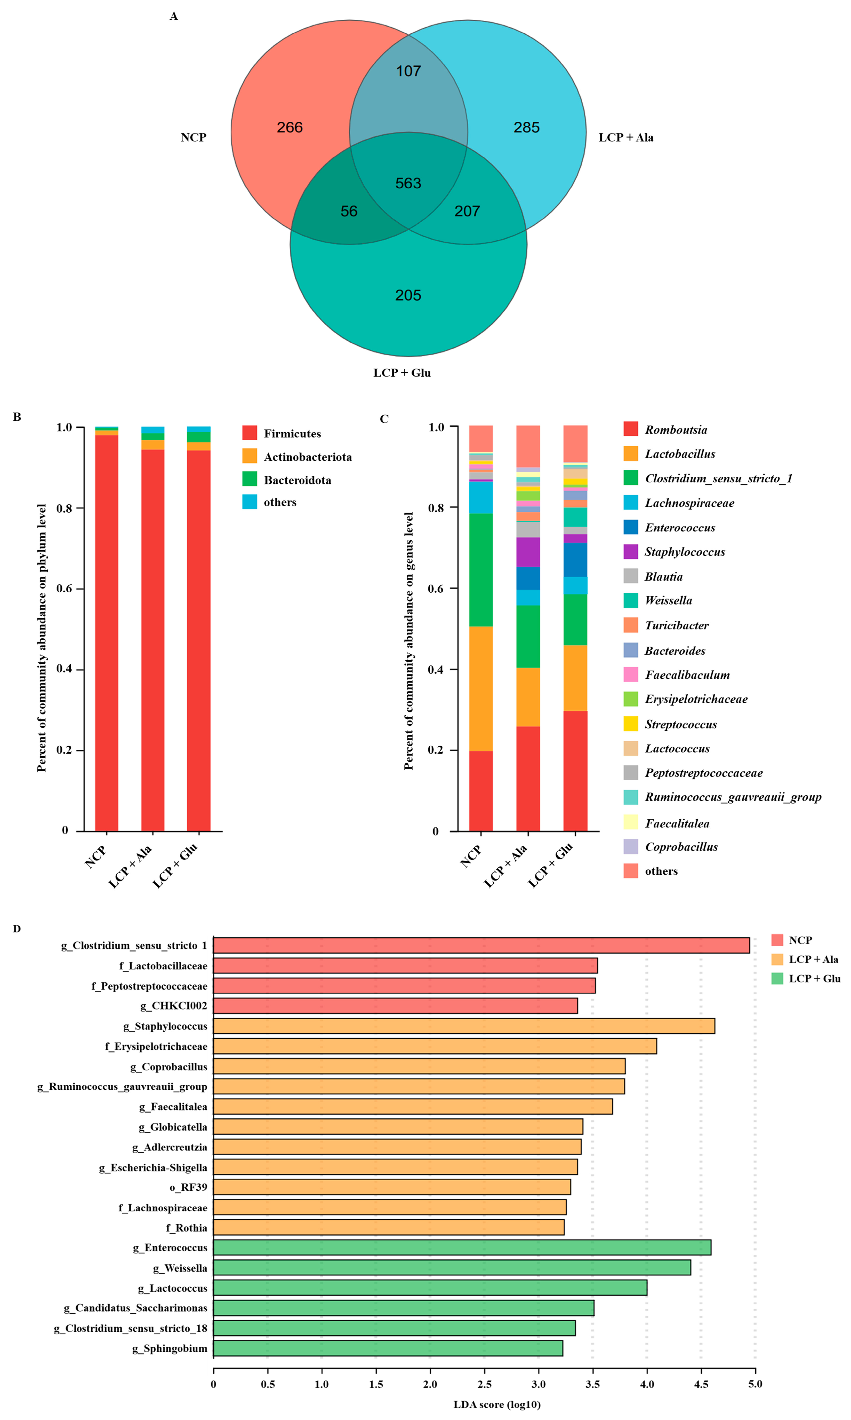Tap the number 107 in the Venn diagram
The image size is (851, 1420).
tap(408, 71)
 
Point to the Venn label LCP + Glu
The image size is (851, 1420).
tap(402, 373)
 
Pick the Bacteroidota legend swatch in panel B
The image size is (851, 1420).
tap(250, 479)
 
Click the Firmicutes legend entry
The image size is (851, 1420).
tap(292, 434)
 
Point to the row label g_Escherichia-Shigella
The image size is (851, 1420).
tap(153, 1167)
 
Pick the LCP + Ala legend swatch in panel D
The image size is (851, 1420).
tap(777, 959)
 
